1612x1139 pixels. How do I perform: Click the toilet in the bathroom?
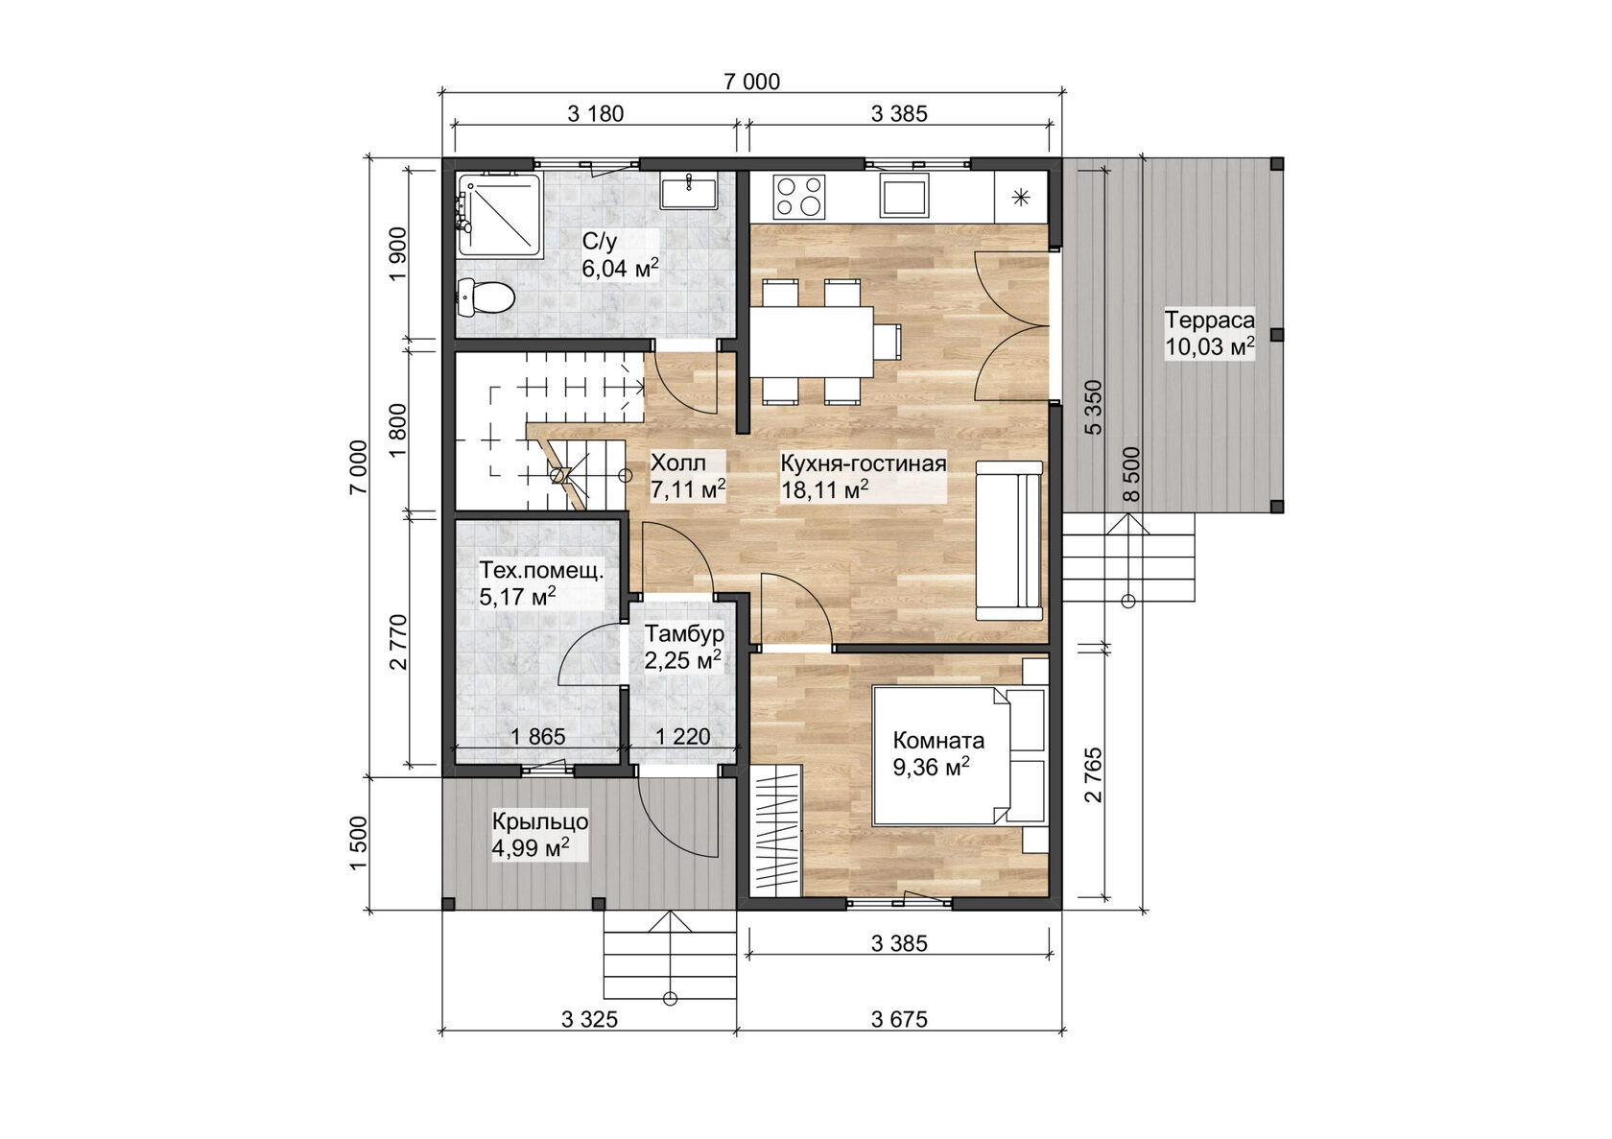tap(484, 297)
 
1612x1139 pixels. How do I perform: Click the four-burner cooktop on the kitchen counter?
tap(799, 196)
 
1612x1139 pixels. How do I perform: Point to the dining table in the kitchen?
tap(812, 343)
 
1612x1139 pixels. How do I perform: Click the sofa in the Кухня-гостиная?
tap(1009, 540)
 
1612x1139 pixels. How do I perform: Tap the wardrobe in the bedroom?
tap(778, 829)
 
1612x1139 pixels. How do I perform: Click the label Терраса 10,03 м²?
tap(1209, 333)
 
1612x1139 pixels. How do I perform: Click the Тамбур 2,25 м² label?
tap(683, 647)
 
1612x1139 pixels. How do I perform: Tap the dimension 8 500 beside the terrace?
tap(1131, 475)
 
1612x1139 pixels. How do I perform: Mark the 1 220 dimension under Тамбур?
tap(683, 737)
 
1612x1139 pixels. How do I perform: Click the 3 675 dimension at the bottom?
tap(899, 1019)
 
